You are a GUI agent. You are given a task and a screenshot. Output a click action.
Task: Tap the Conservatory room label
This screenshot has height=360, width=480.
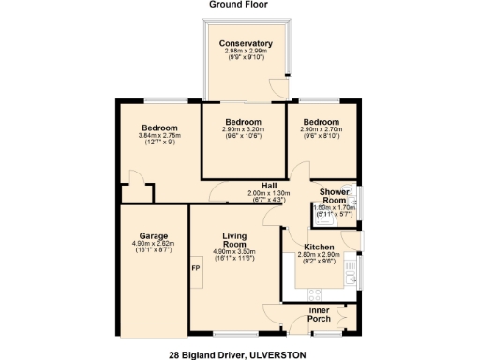[x=246, y=43]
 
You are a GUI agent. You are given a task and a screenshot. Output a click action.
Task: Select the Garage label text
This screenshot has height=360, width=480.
[x=154, y=235]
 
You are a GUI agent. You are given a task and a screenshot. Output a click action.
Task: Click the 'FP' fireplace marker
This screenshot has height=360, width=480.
[x=196, y=269]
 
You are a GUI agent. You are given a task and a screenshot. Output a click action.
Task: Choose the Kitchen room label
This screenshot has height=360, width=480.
[x=320, y=245]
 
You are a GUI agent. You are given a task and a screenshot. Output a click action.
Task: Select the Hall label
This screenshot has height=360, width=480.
[x=269, y=185]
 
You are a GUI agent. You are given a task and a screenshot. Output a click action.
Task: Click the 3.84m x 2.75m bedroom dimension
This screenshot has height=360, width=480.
[x=154, y=138]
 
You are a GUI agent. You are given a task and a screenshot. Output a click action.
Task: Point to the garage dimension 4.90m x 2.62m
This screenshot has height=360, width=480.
[x=154, y=244]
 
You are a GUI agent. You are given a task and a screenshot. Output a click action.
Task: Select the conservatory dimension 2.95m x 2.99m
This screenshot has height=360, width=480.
[x=246, y=51]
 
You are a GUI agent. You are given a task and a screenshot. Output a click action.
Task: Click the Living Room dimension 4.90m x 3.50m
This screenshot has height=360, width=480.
[x=234, y=252]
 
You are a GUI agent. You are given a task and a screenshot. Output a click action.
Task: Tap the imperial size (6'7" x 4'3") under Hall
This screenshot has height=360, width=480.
[x=269, y=200]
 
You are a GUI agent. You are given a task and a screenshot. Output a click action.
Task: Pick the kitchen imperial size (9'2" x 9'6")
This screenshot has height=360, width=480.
[x=320, y=261]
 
